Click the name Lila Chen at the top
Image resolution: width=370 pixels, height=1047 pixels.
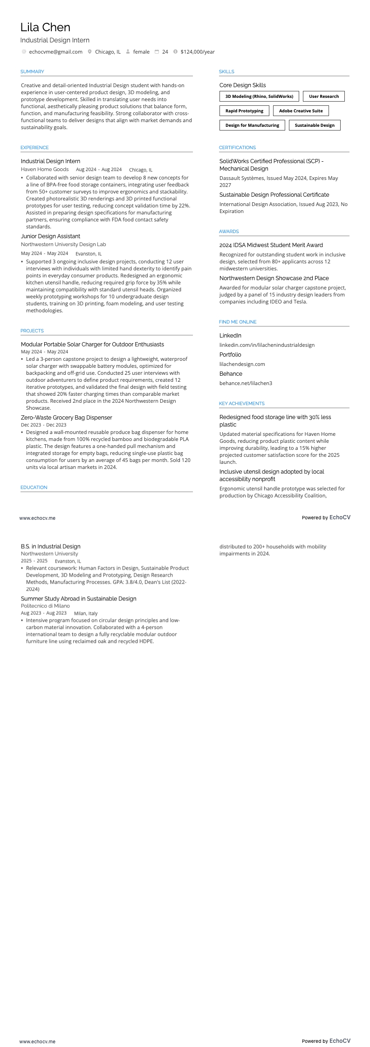(45, 28)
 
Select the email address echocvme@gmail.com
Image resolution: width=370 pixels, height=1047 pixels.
(55, 52)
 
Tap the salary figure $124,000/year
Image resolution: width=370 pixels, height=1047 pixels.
(198, 52)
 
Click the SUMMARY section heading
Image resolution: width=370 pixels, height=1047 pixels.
(32, 71)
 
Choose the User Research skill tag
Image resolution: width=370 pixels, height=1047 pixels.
(324, 96)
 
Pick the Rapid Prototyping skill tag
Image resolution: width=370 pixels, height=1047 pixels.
(244, 111)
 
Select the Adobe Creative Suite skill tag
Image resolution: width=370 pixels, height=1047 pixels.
(301, 111)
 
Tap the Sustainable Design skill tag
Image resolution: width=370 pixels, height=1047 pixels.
(315, 125)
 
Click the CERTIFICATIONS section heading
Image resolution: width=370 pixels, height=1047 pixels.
(237, 147)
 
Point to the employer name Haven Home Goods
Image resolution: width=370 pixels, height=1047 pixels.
(45, 169)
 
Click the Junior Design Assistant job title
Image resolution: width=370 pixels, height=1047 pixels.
(50, 236)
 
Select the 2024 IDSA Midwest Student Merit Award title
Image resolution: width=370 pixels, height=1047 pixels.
(271, 245)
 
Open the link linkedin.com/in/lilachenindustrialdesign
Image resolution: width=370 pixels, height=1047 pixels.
(267, 345)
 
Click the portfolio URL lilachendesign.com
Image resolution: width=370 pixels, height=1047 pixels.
(242, 364)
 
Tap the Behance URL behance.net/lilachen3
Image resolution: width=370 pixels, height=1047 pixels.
(246, 383)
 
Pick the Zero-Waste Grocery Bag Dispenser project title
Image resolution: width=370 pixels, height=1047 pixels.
(66, 418)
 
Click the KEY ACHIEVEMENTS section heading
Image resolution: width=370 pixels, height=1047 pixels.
(241, 403)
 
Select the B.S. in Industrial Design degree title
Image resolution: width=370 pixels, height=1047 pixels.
(50, 546)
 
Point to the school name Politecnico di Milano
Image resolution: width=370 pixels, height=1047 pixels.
(45, 606)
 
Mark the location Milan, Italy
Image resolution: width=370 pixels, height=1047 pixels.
(86, 613)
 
